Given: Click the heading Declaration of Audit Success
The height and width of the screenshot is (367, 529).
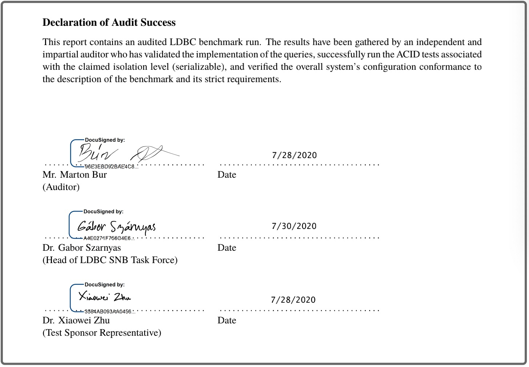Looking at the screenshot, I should click(x=109, y=23).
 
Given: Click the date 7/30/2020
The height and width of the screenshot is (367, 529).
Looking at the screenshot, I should click(x=294, y=226).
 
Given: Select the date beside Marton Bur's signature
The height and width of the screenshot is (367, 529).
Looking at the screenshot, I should click(x=294, y=155).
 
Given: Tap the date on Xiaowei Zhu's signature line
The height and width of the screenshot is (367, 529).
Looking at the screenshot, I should click(x=293, y=300).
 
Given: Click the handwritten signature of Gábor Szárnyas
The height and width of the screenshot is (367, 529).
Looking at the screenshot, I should click(x=116, y=227).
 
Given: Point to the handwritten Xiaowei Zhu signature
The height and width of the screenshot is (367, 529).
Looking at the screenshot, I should click(x=105, y=297).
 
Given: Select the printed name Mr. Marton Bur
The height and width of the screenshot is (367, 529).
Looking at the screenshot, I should click(x=74, y=175).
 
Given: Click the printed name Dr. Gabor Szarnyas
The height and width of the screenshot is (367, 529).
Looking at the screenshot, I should click(x=82, y=248).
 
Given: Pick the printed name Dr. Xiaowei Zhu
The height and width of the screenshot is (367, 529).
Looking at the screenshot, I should click(x=76, y=320).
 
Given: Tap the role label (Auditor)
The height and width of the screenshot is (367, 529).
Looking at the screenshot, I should click(x=61, y=187).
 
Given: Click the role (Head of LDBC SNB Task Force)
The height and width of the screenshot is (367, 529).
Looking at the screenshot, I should click(x=110, y=260).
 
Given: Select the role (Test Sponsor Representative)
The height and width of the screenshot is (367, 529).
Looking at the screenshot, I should click(x=102, y=333).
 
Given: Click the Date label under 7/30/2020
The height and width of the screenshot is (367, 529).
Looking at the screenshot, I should click(x=227, y=248).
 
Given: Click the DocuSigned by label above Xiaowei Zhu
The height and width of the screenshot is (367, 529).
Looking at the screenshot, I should click(x=105, y=285).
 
